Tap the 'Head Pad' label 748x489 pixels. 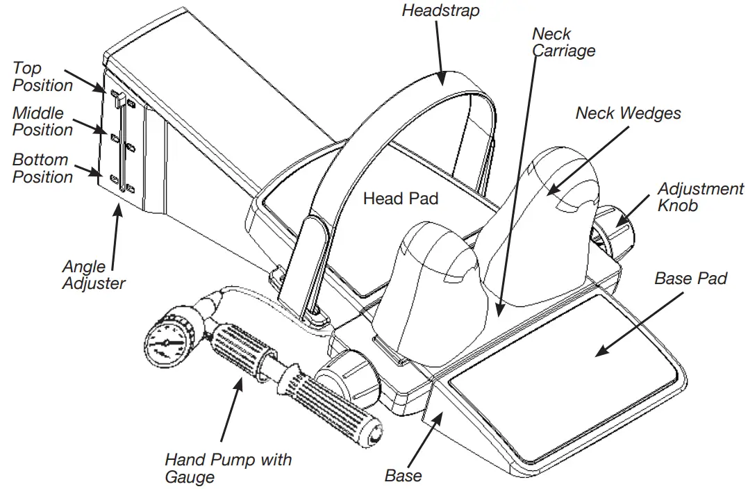(x=401, y=199)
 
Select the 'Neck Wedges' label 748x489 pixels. (x=628, y=113)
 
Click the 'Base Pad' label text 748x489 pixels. (x=690, y=279)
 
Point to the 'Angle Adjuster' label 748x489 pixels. (x=94, y=274)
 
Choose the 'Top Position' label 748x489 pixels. (x=42, y=77)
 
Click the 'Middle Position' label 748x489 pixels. (x=42, y=122)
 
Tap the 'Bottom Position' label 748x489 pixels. (x=42, y=169)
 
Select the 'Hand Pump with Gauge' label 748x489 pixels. (x=228, y=467)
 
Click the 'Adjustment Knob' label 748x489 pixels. (x=700, y=197)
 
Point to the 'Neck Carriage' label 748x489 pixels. (x=563, y=42)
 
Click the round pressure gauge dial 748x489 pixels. (x=167, y=342)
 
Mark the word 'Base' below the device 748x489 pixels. (x=403, y=476)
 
